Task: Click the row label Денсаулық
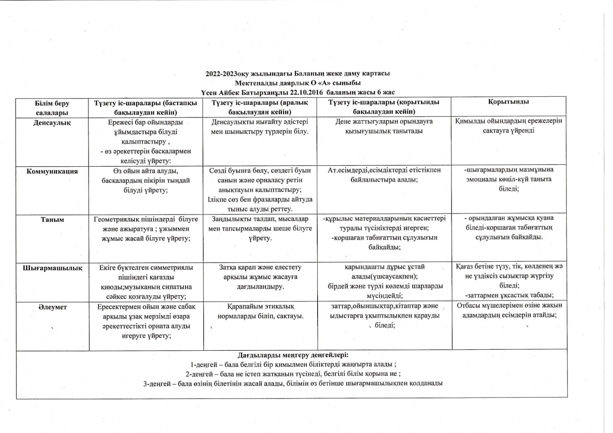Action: click(x=52, y=123)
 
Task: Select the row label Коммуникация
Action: click(x=52, y=171)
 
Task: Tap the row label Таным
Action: click(x=52, y=219)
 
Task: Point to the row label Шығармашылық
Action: click(x=52, y=268)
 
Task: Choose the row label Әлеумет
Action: click(x=52, y=307)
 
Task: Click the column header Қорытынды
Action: click(x=508, y=102)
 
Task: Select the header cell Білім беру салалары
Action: click(x=52, y=108)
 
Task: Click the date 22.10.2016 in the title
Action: click(x=304, y=92)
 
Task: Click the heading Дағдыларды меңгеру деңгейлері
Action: click(x=293, y=354)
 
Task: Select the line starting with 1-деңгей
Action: click(x=294, y=364)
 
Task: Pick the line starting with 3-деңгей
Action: click(x=293, y=384)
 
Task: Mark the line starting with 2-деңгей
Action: click(x=293, y=374)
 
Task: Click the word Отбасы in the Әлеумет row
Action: click(x=468, y=306)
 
